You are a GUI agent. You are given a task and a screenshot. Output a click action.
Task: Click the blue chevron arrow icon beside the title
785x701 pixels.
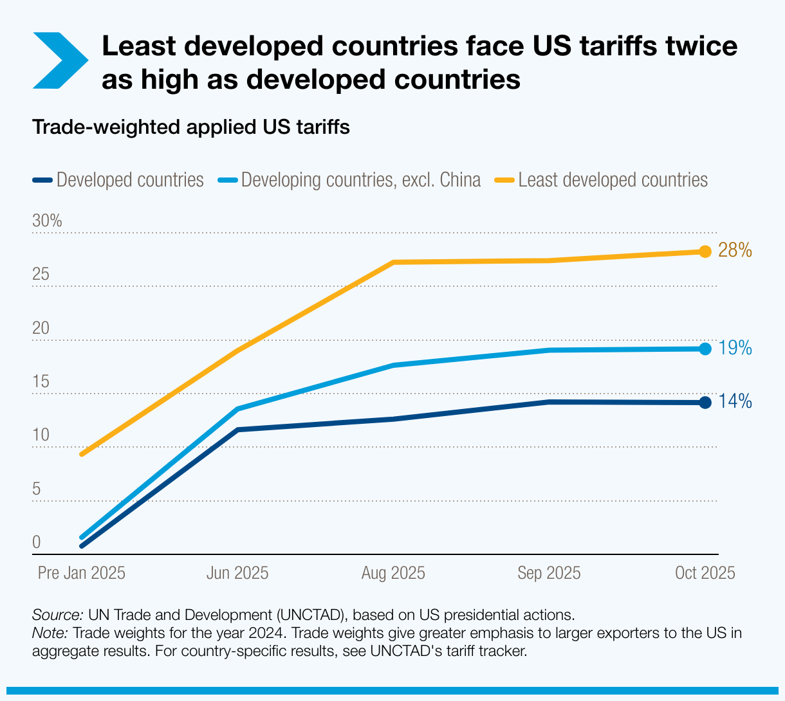click(59, 61)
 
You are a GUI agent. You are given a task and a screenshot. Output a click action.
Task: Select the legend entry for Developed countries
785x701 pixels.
click(119, 180)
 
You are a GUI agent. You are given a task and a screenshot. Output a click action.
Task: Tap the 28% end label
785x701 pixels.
click(735, 250)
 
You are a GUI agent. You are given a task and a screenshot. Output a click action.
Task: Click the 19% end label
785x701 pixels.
click(735, 349)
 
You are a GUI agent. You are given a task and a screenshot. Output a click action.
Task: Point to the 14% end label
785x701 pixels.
click(735, 402)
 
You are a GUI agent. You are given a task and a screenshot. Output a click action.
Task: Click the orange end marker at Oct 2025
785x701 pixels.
click(705, 251)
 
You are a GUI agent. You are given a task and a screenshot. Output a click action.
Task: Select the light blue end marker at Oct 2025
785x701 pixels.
click(705, 349)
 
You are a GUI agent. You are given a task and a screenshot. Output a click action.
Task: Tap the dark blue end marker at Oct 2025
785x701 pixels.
click(705, 403)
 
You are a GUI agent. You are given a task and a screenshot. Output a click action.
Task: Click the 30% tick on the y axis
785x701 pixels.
click(47, 221)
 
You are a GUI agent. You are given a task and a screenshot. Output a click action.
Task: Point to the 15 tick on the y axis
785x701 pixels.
click(41, 382)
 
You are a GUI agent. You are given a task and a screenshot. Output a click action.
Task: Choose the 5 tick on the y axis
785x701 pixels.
click(37, 489)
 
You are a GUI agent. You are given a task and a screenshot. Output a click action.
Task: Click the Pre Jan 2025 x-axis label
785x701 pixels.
click(82, 573)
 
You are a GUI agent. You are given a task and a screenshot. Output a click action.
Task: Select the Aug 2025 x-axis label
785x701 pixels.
click(393, 573)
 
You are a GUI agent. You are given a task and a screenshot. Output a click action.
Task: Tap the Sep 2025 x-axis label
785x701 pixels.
click(549, 573)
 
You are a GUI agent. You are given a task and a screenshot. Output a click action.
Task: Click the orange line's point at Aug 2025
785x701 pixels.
click(393, 262)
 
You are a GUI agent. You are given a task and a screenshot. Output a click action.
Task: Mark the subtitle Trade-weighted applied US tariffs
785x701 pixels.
click(191, 127)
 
